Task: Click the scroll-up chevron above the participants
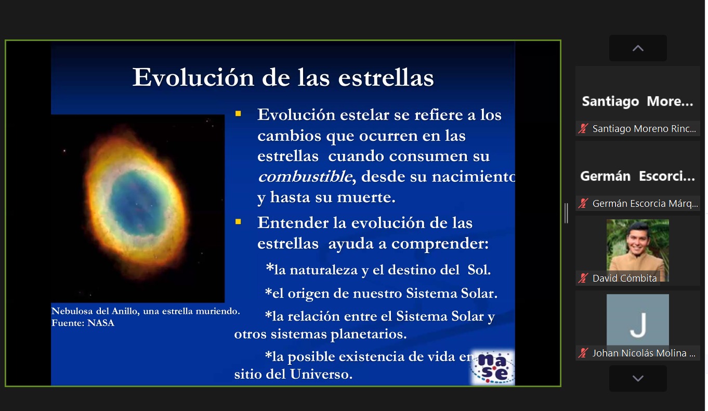point(638,48)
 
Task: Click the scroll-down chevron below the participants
point(638,378)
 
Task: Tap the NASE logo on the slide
point(493,367)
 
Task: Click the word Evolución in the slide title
point(193,77)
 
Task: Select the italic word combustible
point(305,177)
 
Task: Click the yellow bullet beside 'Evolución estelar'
point(238,114)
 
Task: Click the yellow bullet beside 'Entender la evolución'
point(238,222)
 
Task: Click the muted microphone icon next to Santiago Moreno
point(583,128)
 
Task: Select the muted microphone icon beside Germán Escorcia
point(583,204)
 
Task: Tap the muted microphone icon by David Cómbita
point(583,279)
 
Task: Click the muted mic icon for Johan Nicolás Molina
point(583,353)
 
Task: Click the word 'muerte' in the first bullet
point(366,197)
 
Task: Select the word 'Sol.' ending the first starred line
point(479,270)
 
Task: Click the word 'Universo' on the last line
point(321,374)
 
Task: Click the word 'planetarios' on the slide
point(369,334)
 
